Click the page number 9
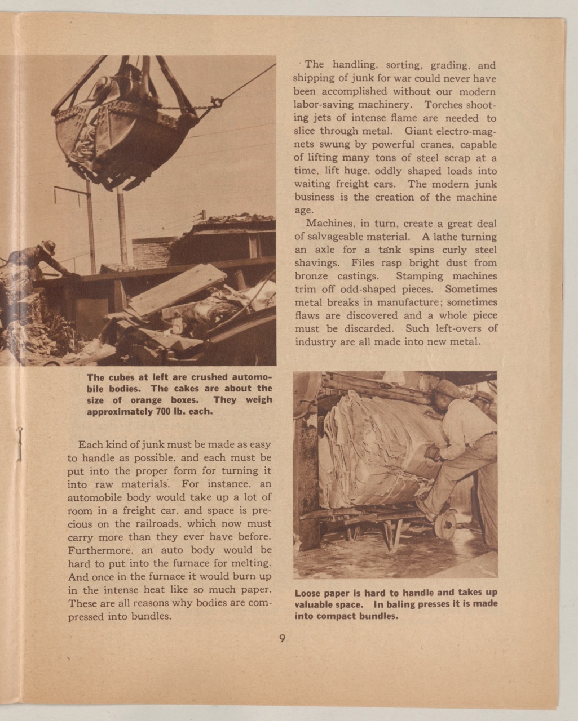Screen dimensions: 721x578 click(x=282, y=639)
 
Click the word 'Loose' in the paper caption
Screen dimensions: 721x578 click(x=307, y=593)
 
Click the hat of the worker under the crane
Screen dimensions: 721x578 click(x=48, y=246)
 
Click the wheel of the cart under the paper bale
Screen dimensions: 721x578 click(x=445, y=523)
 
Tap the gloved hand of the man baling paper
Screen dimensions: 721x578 click(x=432, y=452)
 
